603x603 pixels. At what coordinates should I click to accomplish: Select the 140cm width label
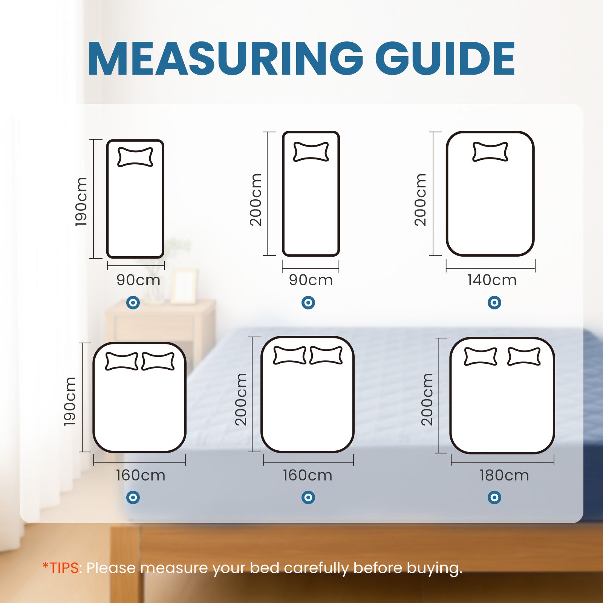click(x=492, y=280)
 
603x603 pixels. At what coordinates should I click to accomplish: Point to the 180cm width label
click(x=504, y=475)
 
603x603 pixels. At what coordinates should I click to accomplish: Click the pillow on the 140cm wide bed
click(x=490, y=152)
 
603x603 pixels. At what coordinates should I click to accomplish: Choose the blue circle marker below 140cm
click(x=494, y=302)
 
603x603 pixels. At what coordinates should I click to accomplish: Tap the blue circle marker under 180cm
click(x=494, y=497)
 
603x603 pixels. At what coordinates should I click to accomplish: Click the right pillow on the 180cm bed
click(x=524, y=357)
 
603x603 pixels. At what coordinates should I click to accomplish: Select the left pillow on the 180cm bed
click(x=480, y=357)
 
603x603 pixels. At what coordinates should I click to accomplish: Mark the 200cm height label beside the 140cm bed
click(x=420, y=200)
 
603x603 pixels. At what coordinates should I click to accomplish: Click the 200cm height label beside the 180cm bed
click(x=427, y=399)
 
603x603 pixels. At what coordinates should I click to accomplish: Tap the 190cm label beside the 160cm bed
click(x=70, y=401)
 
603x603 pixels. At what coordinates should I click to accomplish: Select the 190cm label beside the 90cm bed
click(x=81, y=202)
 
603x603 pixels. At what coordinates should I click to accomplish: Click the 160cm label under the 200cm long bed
click(x=308, y=475)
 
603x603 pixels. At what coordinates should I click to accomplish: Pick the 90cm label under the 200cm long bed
click(x=311, y=280)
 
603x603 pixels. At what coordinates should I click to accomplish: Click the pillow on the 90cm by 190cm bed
click(x=135, y=157)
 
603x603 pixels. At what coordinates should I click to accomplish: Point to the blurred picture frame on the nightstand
click(x=184, y=286)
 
